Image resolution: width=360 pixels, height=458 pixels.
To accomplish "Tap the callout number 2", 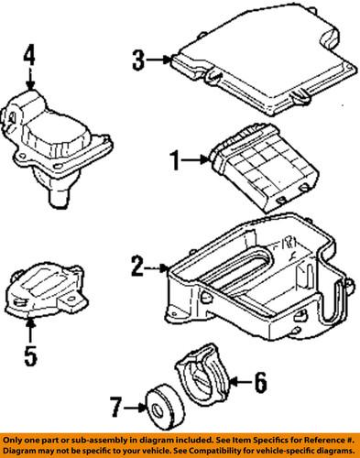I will pyautogui.click(x=137, y=268).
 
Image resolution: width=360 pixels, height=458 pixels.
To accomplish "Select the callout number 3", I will pyautogui.click(x=137, y=61).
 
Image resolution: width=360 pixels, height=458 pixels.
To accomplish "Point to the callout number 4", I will pyautogui.click(x=29, y=59).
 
